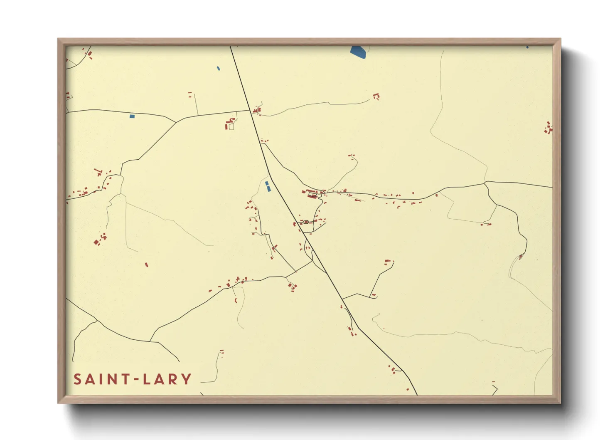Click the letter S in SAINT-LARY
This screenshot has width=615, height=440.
pos(78,379)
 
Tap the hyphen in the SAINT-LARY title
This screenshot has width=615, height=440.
pos(135,379)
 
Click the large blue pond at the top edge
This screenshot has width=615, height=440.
pos(358,52)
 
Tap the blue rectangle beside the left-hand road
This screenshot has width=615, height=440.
pos(132,116)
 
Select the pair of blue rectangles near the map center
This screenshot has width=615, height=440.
pos(268,186)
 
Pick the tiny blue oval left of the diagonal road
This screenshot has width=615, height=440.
pos(218,68)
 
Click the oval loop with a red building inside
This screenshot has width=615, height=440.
pos(306,222)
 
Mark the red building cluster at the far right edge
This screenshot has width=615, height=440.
pos(549,128)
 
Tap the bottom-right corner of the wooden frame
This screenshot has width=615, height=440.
pos(560,403)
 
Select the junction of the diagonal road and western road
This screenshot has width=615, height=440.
pos(250,111)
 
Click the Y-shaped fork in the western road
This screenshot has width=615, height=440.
pos(176,122)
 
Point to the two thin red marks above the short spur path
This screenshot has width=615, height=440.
pos(190,94)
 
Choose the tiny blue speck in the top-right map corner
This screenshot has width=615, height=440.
pos(527,47)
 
